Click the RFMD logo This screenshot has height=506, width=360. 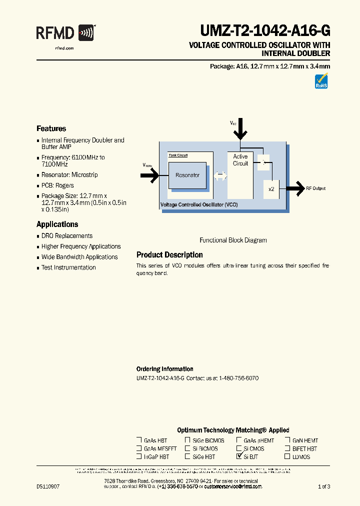(x=65, y=33)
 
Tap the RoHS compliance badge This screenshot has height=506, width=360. (x=321, y=81)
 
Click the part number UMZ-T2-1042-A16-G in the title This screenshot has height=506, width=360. (x=265, y=31)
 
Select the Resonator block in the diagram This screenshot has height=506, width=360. (x=187, y=175)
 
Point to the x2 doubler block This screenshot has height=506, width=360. (x=271, y=189)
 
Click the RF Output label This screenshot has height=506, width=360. (x=316, y=188)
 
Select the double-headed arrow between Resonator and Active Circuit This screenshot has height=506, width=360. (x=220, y=176)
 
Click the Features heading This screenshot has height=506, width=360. (x=51, y=128)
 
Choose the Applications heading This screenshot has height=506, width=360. (x=57, y=224)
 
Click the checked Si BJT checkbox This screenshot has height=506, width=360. (x=239, y=456)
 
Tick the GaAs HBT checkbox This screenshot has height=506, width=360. (x=139, y=440)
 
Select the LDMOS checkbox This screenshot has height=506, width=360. (x=287, y=456)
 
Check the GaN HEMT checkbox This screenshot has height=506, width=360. (x=287, y=440)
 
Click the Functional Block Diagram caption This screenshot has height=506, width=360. (x=233, y=240)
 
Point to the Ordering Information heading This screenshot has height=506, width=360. (x=165, y=369)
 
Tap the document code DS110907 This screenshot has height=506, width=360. (x=48, y=486)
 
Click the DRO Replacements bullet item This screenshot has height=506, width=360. (x=67, y=236)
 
